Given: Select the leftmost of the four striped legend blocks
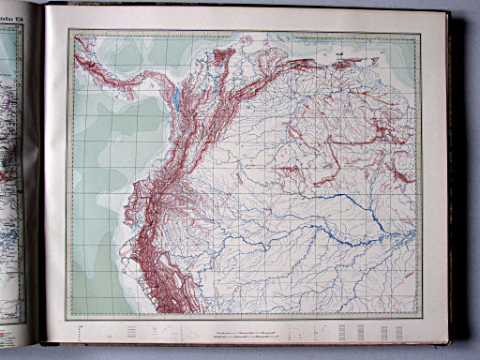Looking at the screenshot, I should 341,332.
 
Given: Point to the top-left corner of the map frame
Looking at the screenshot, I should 69,31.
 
